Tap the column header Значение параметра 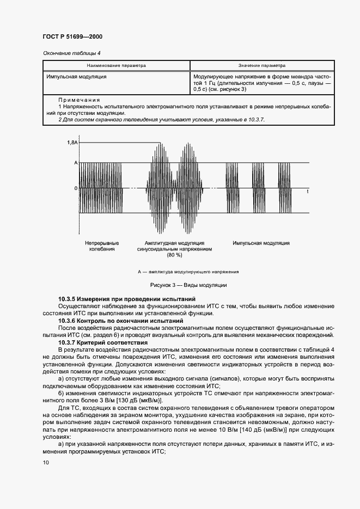click(x=261, y=65)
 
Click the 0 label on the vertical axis click(x=76, y=188)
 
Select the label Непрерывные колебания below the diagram click(x=102, y=246)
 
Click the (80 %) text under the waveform click(x=174, y=255)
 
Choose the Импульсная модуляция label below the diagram click(x=261, y=242)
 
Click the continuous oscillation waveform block click(x=101, y=188)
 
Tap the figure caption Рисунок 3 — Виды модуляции click(x=180, y=285)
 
